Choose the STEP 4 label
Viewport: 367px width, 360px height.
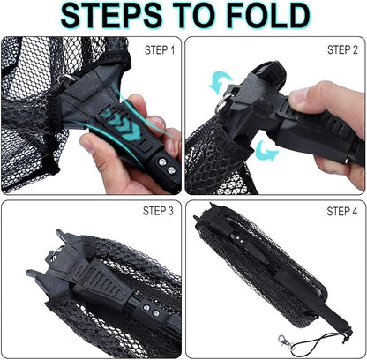pos(342,211)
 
